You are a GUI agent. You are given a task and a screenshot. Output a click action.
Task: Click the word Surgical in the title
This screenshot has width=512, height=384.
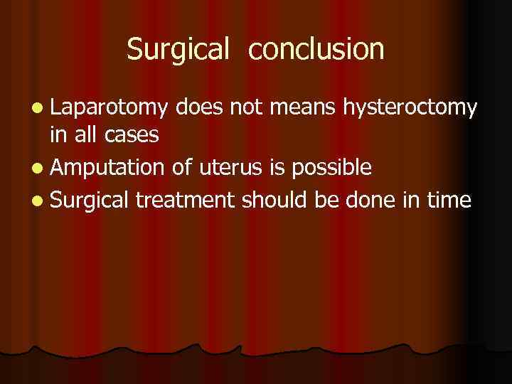coord(178,49)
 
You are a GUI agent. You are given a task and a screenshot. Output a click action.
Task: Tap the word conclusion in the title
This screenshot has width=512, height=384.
coord(317,49)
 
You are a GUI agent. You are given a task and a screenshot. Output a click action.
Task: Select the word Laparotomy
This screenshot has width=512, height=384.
coord(109,108)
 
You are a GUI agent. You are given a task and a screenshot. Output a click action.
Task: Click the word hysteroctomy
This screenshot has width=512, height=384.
coord(410,108)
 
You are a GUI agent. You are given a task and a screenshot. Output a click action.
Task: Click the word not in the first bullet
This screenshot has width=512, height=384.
coord(246,108)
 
